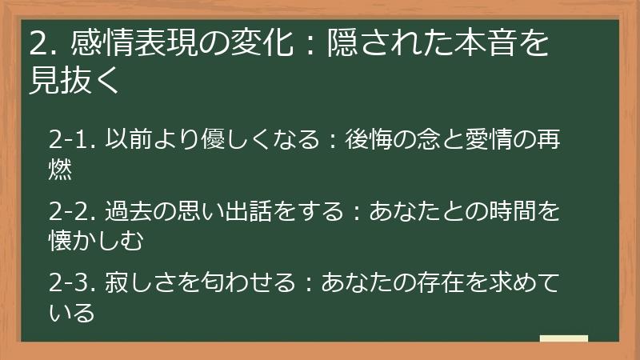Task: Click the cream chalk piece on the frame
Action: point(563,339)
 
